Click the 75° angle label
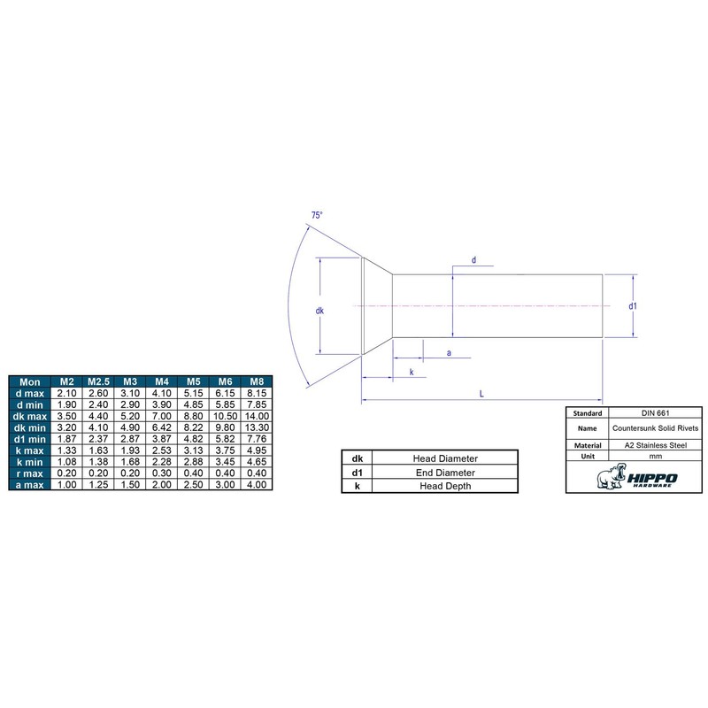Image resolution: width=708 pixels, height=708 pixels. pyautogui.click(x=316, y=216)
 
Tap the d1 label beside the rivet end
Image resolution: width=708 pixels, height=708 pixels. pyautogui.click(x=634, y=306)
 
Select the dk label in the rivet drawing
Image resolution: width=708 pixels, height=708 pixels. pyautogui.click(x=319, y=311)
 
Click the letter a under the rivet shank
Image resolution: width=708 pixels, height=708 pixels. pyautogui.click(x=450, y=353)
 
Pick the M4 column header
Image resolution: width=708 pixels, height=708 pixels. pyautogui.click(x=160, y=381)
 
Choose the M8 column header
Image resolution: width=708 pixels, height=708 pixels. pyautogui.click(x=257, y=381)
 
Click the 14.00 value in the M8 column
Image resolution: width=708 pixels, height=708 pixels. pyautogui.click(x=257, y=415)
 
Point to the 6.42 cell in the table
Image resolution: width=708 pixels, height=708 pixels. pyautogui.click(x=160, y=427)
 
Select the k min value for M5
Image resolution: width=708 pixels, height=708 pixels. pyautogui.click(x=192, y=460)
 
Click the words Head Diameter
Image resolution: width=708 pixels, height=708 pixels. pyautogui.click(x=445, y=458)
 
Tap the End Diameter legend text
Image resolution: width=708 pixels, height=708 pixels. pyautogui.click(x=445, y=473)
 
